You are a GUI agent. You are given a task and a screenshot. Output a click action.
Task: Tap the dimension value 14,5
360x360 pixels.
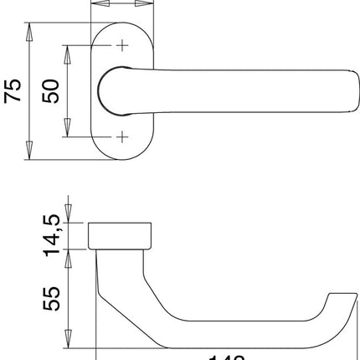click(x=52, y=235)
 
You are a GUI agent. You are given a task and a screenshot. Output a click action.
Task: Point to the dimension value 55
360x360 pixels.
click(x=52, y=300)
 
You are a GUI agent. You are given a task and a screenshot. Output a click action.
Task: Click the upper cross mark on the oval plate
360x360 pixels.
click(x=122, y=45)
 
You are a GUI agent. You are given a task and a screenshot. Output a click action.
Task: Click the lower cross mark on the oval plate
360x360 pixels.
click(x=122, y=136)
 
